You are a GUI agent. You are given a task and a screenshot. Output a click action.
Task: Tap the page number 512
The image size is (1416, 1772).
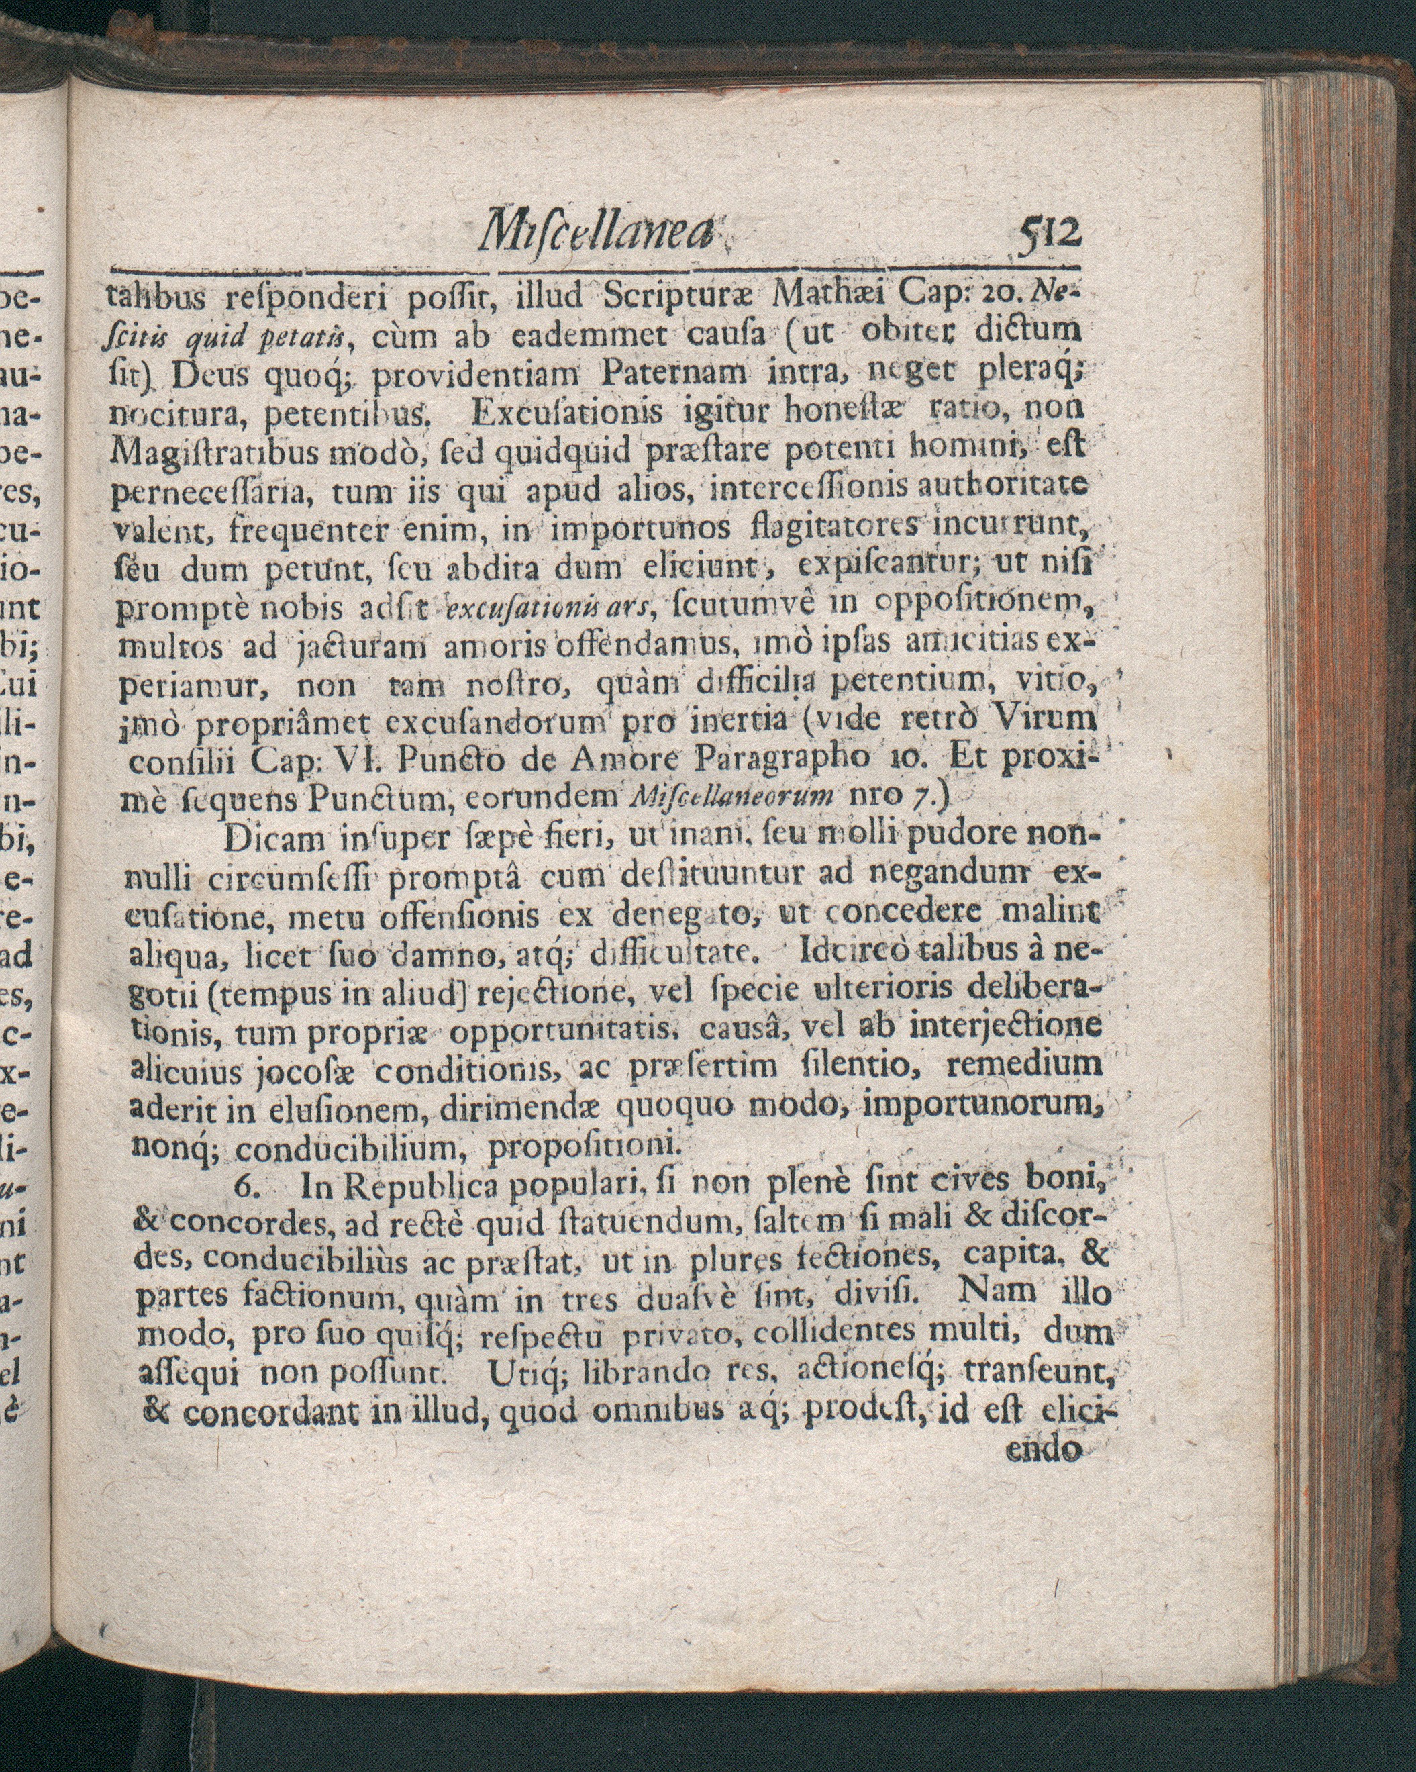tap(1050, 234)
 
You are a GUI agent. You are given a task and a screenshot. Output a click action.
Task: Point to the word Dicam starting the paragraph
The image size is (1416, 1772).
tap(273, 838)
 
